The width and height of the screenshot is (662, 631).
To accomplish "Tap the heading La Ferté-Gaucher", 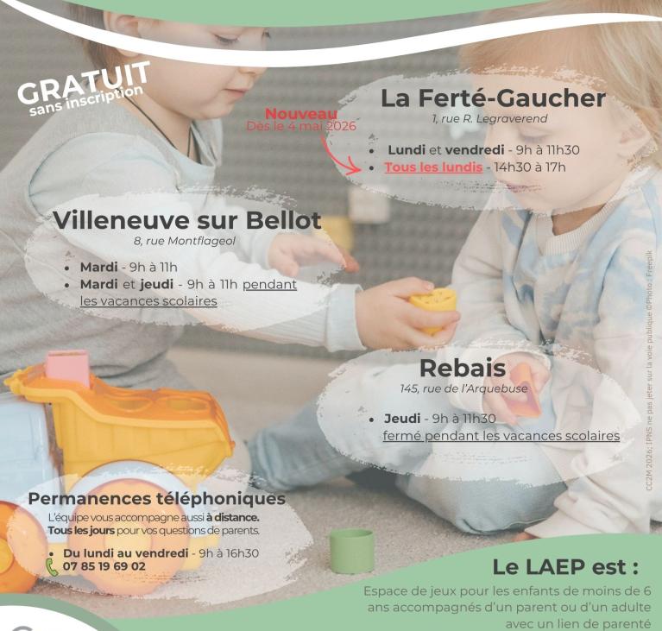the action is click(x=493, y=98).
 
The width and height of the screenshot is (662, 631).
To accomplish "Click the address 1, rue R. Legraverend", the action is click(x=489, y=119).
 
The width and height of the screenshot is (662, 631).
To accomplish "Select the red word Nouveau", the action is click(x=301, y=114).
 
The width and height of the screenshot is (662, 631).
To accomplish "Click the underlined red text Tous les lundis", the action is click(x=433, y=167).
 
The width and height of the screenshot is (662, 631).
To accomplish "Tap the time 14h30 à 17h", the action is click(x=529, y=167).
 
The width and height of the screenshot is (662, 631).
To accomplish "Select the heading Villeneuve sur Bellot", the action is click(x=187, y=220).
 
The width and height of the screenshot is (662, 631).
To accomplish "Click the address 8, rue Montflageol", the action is click(x=185, y=241).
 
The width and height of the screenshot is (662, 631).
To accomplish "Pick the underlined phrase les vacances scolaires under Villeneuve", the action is click(x=148, y=301).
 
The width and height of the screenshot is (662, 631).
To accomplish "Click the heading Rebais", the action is click(x=463, y=368).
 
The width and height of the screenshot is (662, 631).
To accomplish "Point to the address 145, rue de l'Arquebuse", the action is click(x=463, y=388).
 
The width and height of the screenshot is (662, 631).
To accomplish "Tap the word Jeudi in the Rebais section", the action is click(x=402, y=419).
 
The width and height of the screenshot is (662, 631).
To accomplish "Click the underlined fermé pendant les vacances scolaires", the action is click(x=501, y=436).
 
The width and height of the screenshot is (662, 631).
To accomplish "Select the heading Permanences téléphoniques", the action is click(x=156, y=499).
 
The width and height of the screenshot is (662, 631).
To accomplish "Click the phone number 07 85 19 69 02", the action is click(x=104, y=566).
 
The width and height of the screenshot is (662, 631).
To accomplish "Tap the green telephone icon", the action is click(x=52, y=567).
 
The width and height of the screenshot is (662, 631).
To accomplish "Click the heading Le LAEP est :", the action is click(x=565, y=567).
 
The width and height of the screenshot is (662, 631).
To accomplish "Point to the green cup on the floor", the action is click(x=351, y=551).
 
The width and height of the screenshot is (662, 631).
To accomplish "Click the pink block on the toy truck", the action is click(x=68, y=368).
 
